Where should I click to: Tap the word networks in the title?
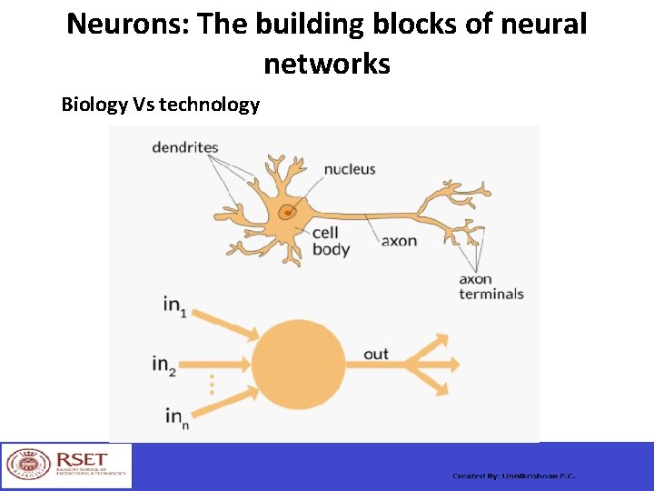(x=327, y=64)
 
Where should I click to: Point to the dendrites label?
(x=184, y=146)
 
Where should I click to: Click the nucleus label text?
(x=350, y=169)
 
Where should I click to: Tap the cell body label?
(x=331, y=242)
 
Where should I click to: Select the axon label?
(x=400, y=241)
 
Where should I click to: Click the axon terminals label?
(x=490, y=286)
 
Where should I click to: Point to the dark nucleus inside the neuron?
(x=286, y=214)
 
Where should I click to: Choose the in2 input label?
(x=164, y=364)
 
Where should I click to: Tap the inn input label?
(x=174, y=416)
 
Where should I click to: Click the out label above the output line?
(x=375, y=354)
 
